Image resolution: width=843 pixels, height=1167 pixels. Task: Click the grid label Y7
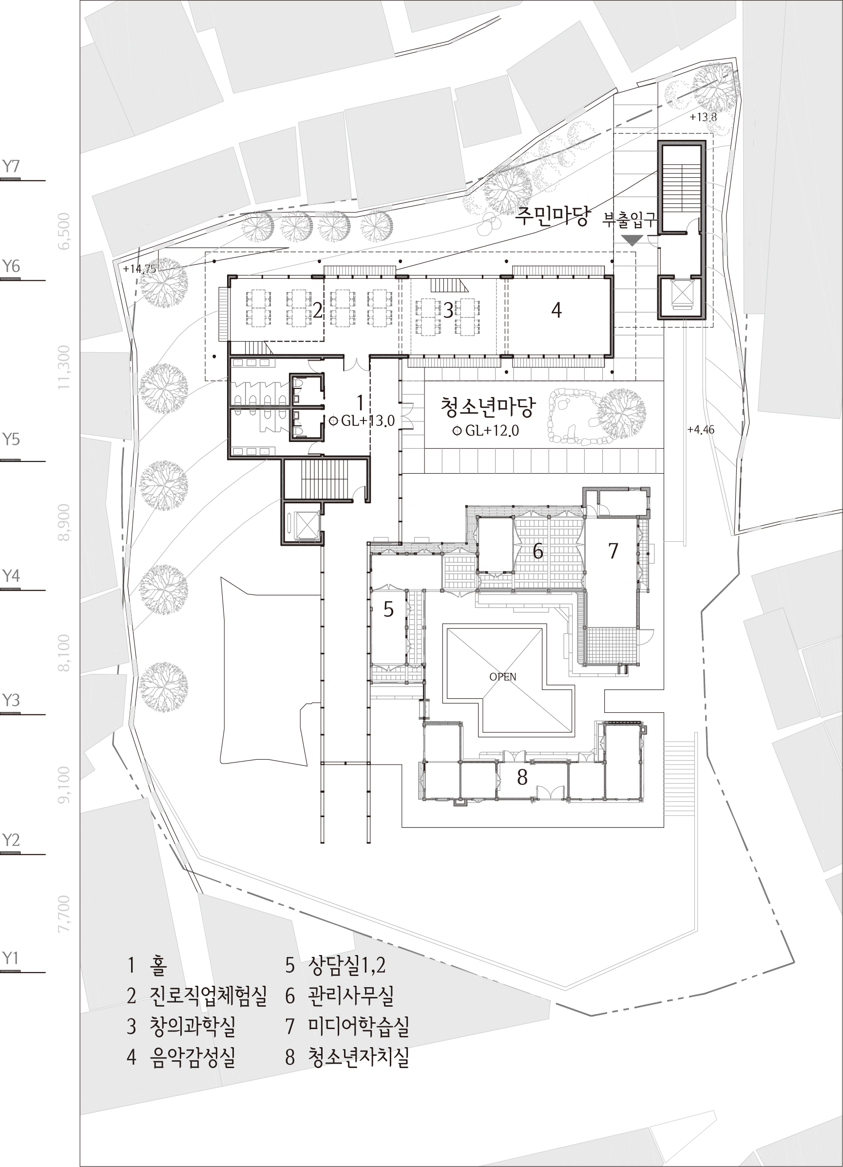(x=11, y=166)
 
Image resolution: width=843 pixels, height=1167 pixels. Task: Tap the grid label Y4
(x=11, y=575)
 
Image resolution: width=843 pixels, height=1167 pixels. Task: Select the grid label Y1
(x=10, y=957)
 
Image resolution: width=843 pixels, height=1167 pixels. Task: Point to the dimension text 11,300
(x=64, y=367)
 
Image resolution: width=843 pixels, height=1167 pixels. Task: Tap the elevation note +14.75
(x=139, y=268)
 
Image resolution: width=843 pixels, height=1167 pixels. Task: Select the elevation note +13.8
(x=703, y=117)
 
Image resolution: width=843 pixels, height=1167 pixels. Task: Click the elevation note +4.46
(x=700, y=429)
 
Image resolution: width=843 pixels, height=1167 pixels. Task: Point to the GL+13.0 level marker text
(x=368, y=421)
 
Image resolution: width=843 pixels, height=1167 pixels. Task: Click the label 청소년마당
(x=487, y=406)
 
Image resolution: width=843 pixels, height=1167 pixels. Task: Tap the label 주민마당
(x=552, y=217)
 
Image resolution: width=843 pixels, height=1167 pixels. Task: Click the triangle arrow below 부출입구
(x=632, y=240)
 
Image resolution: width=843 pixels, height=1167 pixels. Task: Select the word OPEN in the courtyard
(x=503, y=677)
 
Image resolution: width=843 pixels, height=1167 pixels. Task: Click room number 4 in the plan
(x=556, y=310)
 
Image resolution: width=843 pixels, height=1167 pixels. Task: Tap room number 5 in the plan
(x=388, y=610)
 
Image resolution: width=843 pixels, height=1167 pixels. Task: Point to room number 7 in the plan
(x=613, y=551)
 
